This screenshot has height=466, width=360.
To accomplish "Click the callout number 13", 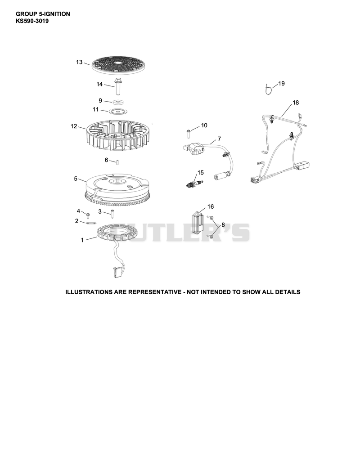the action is [79, 62].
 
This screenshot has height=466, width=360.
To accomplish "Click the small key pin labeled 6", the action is [118, 162].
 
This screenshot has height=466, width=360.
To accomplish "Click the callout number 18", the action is [296, 103].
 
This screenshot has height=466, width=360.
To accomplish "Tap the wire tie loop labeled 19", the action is [269, 90].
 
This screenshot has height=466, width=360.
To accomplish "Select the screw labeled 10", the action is [189, 133].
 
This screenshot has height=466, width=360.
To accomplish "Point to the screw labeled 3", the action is [112, 213].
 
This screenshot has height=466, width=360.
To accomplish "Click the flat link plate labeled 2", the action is [90, 223].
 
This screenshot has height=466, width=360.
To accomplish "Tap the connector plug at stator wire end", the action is [115, 272].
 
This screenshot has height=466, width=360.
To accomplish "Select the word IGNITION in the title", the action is [57, 14].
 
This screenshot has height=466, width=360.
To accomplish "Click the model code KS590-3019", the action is [32, 21].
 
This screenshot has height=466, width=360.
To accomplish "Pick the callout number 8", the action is [223, 225].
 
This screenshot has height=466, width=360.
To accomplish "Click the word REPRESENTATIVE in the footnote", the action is [155, 292].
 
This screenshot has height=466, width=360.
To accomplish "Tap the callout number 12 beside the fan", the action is [74, 126].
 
